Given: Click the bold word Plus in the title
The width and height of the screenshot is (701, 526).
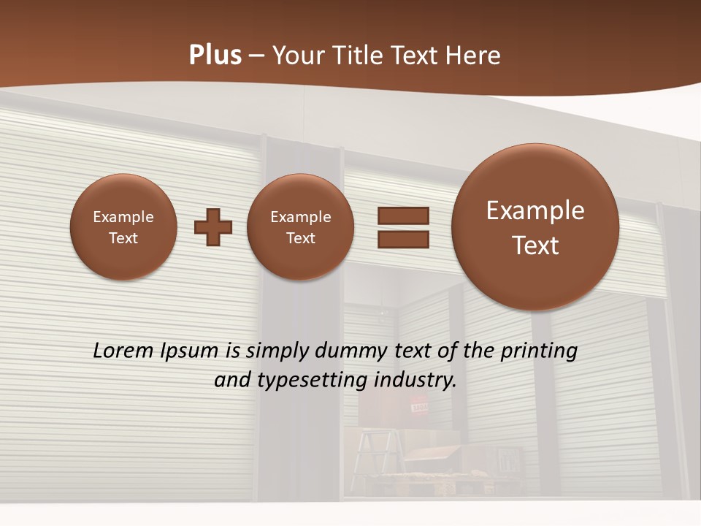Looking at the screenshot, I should (x=215, y=55).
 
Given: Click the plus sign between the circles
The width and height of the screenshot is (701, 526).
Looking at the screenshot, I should (x=213, y=227).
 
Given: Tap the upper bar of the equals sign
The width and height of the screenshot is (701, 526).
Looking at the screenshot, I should (x=402, y=216).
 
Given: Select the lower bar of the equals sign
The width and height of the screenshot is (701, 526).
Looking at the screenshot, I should (x=402, y=239).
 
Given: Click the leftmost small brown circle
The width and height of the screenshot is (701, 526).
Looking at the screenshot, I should (x=123, y=227).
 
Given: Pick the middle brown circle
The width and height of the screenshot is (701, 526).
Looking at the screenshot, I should (x=300, y=227).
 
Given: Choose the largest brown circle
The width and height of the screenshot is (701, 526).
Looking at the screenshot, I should (x=535, y=227).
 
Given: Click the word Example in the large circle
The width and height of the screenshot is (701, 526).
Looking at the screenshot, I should (x=535, y=210).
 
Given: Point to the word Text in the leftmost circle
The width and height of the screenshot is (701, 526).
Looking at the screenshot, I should (x=123, y=238).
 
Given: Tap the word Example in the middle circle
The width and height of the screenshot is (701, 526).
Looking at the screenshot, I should (x=300, y=217).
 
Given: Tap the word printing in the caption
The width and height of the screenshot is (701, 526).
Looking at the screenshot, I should (x=538, y=351).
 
